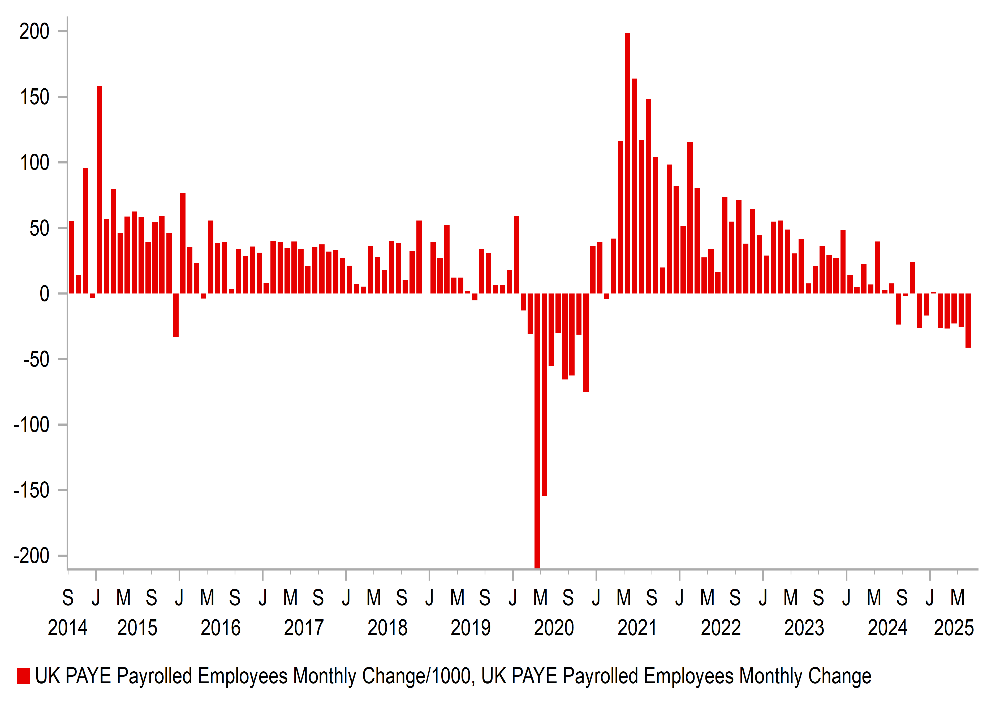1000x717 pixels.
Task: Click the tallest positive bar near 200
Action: pos(627,163)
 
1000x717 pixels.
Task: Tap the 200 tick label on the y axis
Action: pos(35,32)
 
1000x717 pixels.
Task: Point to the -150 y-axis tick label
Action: pos(32,490)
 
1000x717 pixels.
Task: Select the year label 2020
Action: pos(554,628)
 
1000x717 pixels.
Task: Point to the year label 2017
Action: pos(304,628)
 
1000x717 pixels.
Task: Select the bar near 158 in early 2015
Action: pos(100,190)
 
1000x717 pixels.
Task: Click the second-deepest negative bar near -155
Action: pos(544,395)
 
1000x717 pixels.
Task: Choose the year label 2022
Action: pos(721,628)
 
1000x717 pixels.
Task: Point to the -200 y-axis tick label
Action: pos(32,556)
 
